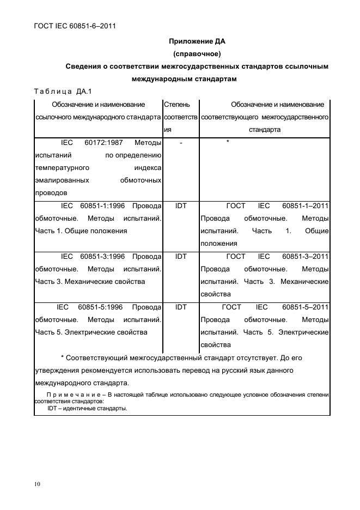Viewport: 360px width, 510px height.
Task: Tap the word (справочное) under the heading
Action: pyautogui.click(x=196, y=54)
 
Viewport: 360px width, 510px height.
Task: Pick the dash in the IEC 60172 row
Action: pyautogui.click(x=181, y=143)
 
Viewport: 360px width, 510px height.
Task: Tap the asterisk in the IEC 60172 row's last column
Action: pyautogui.click(x=228, y=143)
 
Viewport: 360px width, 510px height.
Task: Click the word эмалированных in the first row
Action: pyautogui.click(x=62, y=180)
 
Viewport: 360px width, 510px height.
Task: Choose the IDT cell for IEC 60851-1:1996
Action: pyautogui.click(x=181, y=206)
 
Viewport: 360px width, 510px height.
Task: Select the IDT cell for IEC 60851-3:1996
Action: pyautogui.click(x=181, y=257)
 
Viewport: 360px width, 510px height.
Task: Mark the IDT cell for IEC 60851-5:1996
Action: pyautogui.click(x=181, y=307)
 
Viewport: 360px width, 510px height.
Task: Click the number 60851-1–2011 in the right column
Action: pyautogui.click(x=306, y=206)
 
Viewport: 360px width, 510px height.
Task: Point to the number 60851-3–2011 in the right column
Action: pyautogui.click(x=306, y=257)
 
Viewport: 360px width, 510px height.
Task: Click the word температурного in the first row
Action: pyautogui.click(x=62, y=168)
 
